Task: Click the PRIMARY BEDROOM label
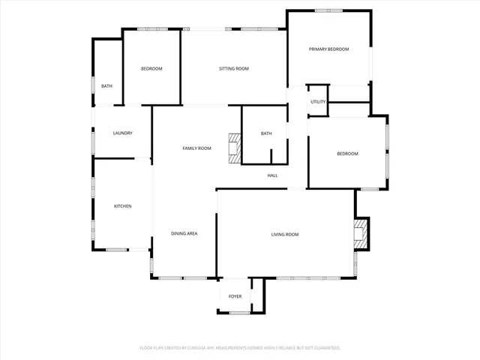pyautogui.click(x=329, y=49)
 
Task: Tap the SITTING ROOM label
pyautogui.click(x=233, y=69)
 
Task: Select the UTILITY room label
pyautogui.click(x=318, y=102)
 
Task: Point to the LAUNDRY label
pyautogui.click(x=123, y=133)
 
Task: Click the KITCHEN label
pyautogui.click(x=123, y=206)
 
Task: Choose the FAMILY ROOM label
pyautogui.click(x=197, y=148)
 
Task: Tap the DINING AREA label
pyautogui.click(x=184, y=234)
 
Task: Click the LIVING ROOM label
pyautogui.click(x=285, y=235)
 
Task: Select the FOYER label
pyautogui.click(x=235, y=296)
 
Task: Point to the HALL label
pyautogui.click(x=273, y=175)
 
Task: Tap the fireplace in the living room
pyautogui.click(x=361, y=233)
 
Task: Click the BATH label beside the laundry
pyautogui.click(x=107, y=86)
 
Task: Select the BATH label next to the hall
pyautogui.click(x=266, y=133)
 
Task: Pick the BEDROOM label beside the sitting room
pyautogui.click(x=151, y=69)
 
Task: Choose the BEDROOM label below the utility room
pyautogui.click(x=347, y=154)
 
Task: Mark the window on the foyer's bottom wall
pyautogui.click(x=239, y=313)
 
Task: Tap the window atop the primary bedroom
pyautogui.click(x=328, y=10)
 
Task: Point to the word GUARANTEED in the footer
pyautogui.click(x=323, y=348)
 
